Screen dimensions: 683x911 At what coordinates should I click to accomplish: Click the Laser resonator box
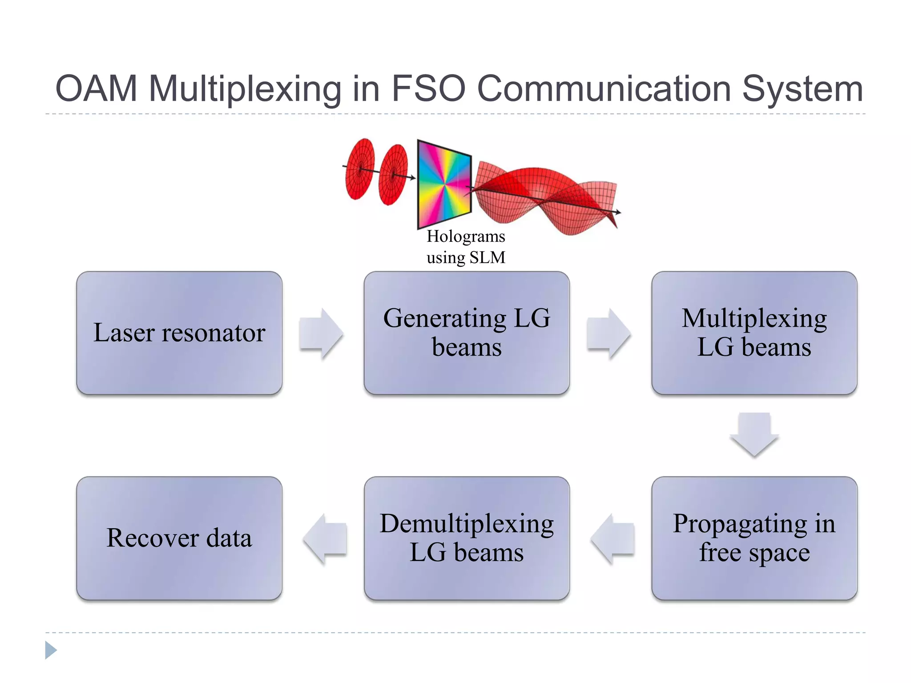tap(179, 333)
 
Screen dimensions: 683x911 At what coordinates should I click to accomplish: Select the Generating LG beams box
tap(466, 333)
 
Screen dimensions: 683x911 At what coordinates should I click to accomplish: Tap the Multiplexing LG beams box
tap(754, 333)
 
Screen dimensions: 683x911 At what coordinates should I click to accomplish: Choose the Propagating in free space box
tap(754, 538)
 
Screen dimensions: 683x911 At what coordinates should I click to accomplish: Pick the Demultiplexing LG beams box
tap(466, 538)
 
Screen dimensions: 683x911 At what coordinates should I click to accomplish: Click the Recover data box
tap(179, 538)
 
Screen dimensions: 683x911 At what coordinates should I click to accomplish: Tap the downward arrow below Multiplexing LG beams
tap(754, 434)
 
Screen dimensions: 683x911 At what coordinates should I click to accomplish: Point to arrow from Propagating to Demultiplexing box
tap(612, 538)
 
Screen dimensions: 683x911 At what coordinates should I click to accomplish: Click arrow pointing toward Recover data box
tap(325, 538)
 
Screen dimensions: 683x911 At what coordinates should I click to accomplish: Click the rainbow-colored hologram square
tap(444, 184)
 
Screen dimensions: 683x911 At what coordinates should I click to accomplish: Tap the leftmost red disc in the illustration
tap(359, 169)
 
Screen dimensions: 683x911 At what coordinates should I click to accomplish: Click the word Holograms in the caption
tap(465, 236)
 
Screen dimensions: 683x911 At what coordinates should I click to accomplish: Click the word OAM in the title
tap(96, 88)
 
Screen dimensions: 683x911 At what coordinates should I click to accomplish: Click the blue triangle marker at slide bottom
tap(50, 650)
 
